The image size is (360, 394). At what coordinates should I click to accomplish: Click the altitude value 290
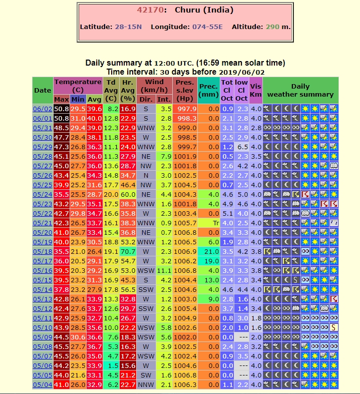click(272, 27)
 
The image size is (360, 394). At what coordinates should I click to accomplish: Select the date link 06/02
click(42, 109)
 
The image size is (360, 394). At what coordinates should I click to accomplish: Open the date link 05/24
click(42, 194)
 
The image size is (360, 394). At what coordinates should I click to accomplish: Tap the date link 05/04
click(42, 384)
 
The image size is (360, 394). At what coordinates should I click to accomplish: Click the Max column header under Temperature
click(62, 99)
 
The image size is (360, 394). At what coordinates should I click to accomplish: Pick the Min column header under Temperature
click(78, 99)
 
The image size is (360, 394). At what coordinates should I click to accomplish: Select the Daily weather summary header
click(300, 90)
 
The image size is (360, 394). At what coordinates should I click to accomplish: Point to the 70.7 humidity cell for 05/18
click(128, 251)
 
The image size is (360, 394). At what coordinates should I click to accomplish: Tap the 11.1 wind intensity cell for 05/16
click(164, 270)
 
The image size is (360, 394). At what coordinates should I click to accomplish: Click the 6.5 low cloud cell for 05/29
click(242, 147)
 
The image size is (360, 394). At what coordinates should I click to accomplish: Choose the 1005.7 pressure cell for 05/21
click(185, 223)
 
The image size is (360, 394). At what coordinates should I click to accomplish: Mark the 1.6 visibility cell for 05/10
click(256, 327)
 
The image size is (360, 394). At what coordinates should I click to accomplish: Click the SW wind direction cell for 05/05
click(146, 375)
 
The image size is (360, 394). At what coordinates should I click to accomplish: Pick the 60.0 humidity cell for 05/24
click(128, 194)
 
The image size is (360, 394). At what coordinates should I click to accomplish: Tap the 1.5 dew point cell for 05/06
click(111, 365)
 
